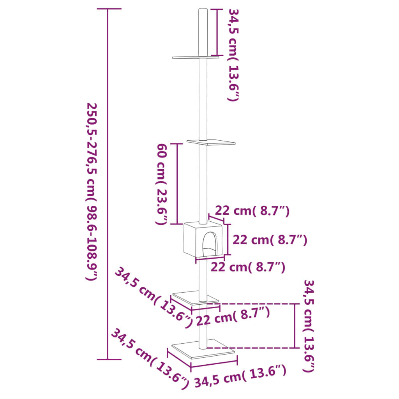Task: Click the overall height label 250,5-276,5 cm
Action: pyautogui.click(x=92, y=191)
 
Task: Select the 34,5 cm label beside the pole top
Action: pyautogui.click(x=233, y=55)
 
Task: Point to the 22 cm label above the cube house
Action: pyautogui.click(x=252, y=211)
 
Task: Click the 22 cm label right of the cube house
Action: pyautogui.click(x=270, y=240)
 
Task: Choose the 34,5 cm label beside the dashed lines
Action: pyautogui.click(x=309, y=325)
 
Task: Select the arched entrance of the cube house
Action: pyautogui.click(x=209, y=244)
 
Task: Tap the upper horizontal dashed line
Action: pyautogui.click(x=253, y=303)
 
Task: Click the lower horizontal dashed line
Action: pyautogui.click(x=253, y=347)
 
